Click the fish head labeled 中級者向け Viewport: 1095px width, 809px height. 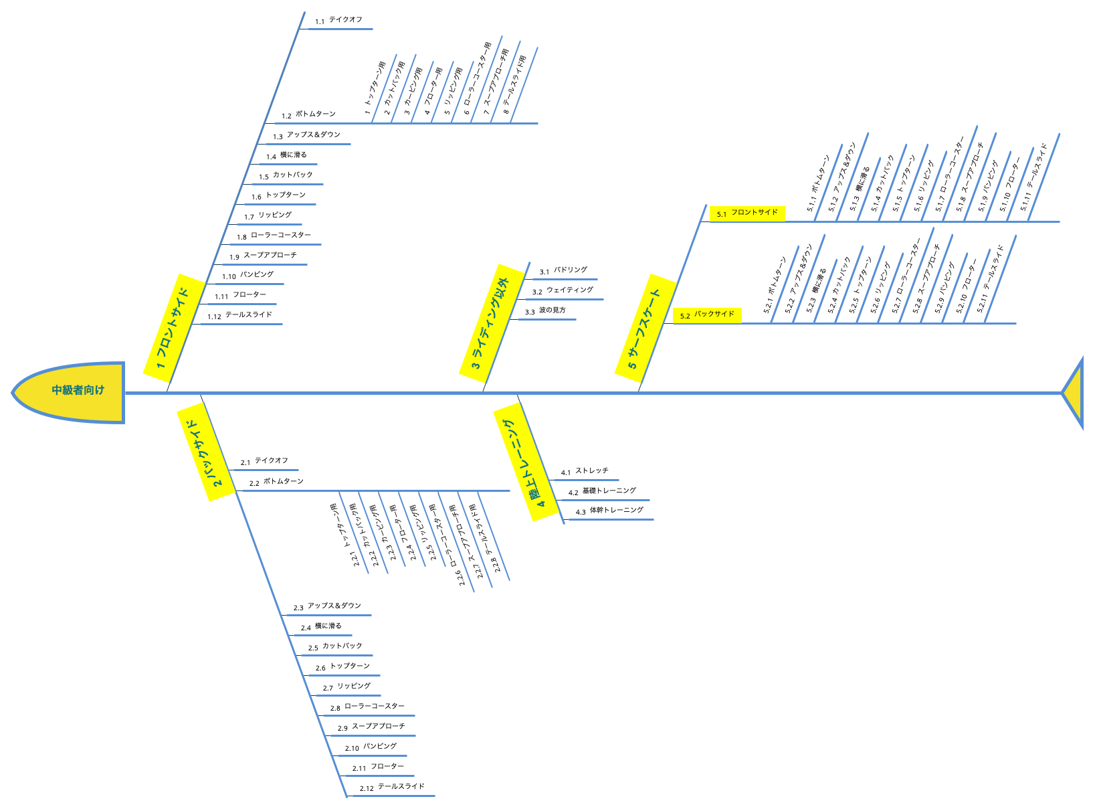click(74, 391)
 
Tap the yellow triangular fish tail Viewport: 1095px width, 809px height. click(1076, 393)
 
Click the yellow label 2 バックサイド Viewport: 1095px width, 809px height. click(206, 452)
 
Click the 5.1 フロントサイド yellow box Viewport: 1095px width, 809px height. click(747, 213)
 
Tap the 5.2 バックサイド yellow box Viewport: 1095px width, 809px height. click(708, 315)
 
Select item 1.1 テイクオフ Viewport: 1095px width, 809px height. click(338, 21)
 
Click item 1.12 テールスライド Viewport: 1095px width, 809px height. click(240, 316)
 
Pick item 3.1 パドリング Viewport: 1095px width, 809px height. click(563, 271)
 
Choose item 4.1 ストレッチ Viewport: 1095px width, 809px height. click(585, 472)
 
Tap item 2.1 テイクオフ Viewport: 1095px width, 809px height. click(265, 462)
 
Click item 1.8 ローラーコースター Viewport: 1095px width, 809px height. click(274, 236)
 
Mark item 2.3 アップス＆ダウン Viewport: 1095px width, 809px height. click(327, 607)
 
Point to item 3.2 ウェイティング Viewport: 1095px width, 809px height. click(563, 291)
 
